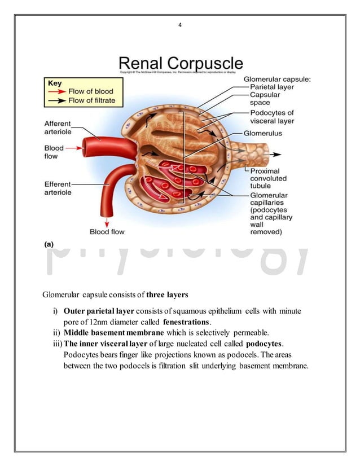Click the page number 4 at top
(180, 24)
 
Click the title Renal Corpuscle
(180, 63)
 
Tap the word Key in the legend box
(55, 83)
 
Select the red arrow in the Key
(58, 91)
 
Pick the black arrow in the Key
(58, 100)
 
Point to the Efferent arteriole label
(58, 188)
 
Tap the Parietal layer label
(273, 87)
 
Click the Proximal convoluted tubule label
(269, 178)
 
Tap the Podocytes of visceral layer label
(272, 117)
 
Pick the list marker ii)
(56, 333)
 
